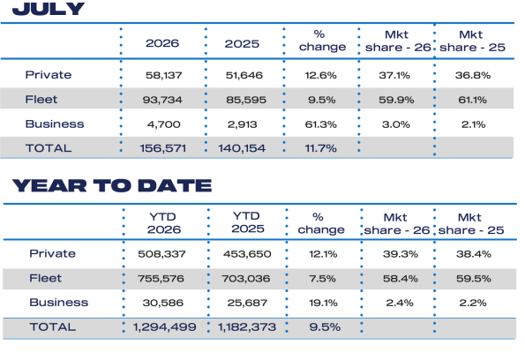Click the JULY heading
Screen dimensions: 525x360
[x=49, y=9]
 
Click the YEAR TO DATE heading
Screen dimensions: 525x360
[x=112, y=185]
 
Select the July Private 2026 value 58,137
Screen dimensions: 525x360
[x=164, y=75]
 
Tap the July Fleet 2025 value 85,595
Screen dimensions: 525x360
[x=246, y=100]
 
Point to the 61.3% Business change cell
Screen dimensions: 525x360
[x=321, y=124]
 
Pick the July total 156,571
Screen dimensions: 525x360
[x=162, y=148]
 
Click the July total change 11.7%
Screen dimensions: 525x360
[x=320, y=148]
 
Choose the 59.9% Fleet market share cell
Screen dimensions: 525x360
[x=396, y=100]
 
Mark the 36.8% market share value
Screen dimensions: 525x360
[x=473, y=75]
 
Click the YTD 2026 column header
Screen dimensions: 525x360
[x=163, y=223]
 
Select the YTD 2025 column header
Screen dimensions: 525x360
[x=247, y=222]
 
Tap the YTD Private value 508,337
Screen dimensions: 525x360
[x=161, y=254]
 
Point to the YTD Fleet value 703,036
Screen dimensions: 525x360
[x=246, y=278]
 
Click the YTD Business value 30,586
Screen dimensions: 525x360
[x=163, y=303]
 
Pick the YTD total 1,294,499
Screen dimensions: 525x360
[x=164, y=326]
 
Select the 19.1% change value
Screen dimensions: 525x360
[x=323, y=303]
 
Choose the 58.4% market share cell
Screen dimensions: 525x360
[x=401, y=278]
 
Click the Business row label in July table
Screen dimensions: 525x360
[x=55, y=124]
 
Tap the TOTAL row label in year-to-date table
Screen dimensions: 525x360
[x=53, y=326]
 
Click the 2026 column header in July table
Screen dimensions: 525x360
[x=162, y=43]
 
